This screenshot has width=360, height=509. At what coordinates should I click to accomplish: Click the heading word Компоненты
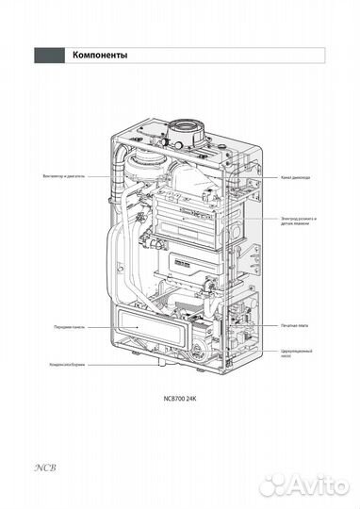coord(100,56)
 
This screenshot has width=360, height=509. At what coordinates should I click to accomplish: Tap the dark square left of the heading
coord(48,56)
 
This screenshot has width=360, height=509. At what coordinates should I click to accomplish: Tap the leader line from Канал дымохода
coord(264,177)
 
